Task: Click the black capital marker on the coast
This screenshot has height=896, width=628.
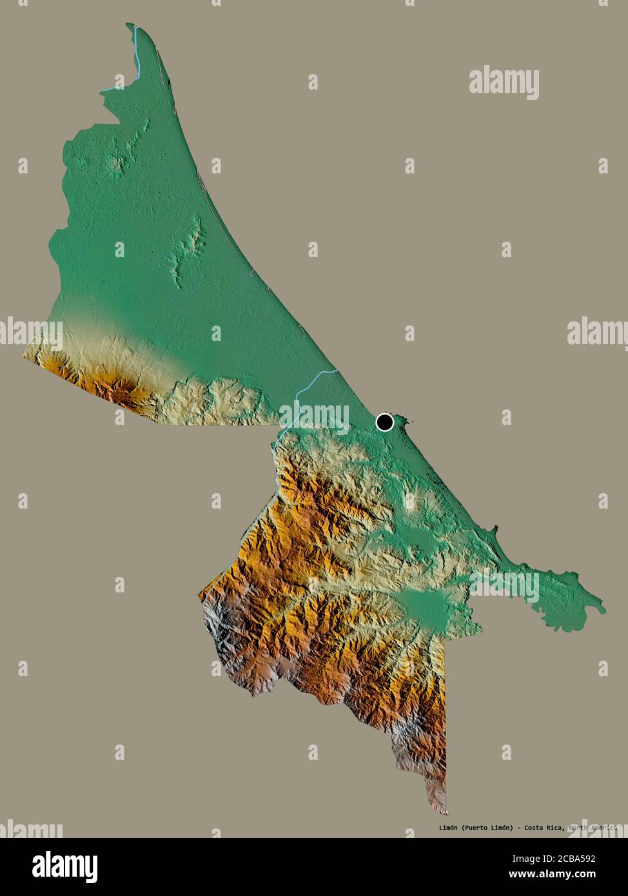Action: (385, 422)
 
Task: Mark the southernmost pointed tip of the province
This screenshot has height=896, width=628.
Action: (446, 813)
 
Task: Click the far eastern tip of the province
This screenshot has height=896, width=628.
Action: (603, 606)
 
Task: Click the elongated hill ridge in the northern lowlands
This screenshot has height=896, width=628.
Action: (187, 251)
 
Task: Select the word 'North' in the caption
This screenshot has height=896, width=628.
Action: (579, 828)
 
